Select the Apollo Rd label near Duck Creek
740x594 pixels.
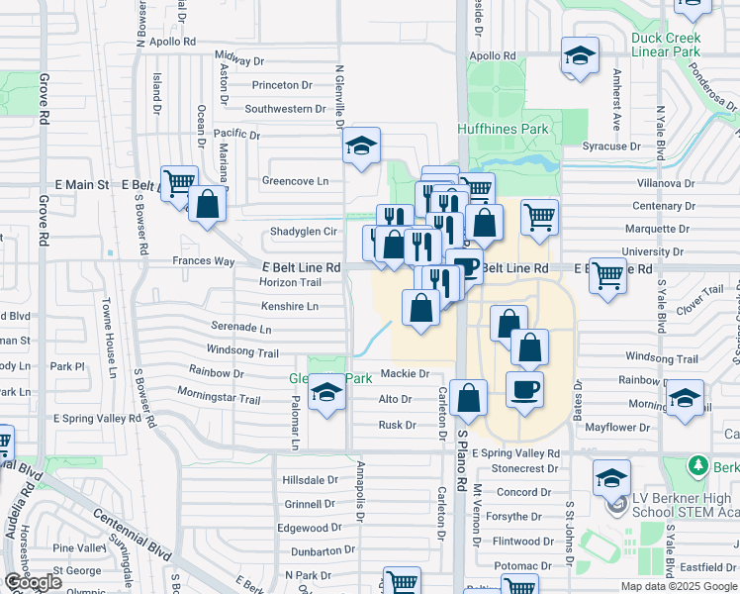494,56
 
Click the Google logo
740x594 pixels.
33,582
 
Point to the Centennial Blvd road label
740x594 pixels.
126,536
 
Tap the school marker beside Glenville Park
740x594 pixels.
325,396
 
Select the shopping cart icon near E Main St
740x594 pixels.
179,183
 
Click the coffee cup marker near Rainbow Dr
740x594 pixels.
524,388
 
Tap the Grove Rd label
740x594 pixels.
44,100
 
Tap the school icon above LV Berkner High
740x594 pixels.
612,478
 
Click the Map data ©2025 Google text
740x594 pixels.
679,586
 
